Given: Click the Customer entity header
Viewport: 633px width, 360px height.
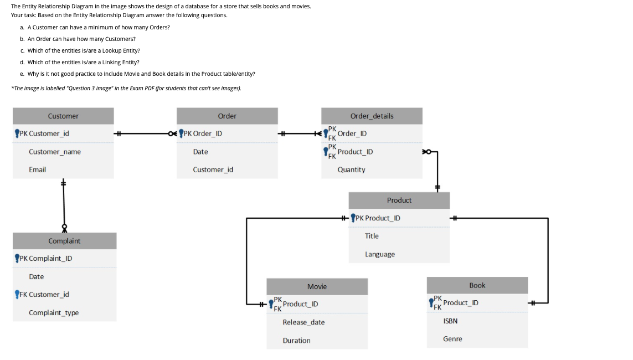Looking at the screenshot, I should [x=63, y=116].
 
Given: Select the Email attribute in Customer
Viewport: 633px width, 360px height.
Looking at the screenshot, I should [x=38, y=169].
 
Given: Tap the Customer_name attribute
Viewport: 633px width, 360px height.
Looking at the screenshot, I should [x=55, y=152].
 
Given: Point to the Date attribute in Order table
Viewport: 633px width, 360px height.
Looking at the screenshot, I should [x=200, y=152].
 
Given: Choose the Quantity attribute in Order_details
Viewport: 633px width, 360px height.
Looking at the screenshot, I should [x=351, y=169].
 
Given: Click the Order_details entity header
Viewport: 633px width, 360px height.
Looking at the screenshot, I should [x=372, y=116].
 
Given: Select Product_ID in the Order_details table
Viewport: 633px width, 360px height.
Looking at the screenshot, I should [x=355, y=152].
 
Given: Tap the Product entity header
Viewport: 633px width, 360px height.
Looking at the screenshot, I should [x=399, y=200].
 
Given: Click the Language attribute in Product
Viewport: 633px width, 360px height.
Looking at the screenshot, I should [x=380, y=254].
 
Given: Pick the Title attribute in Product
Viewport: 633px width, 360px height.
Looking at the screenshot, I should [x=372, y=236].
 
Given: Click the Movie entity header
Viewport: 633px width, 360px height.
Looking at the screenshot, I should [x=317, y=286].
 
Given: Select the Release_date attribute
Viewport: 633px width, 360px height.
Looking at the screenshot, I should [x=303, y=322].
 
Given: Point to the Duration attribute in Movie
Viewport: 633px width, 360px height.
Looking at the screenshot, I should [x=296, y=341].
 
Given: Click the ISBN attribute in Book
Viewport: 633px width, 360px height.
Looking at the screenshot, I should [x=450, y=321].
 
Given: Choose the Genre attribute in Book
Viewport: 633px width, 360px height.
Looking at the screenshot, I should [x=452, y=339].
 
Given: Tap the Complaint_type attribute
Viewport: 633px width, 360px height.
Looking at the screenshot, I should [x=54, y=313].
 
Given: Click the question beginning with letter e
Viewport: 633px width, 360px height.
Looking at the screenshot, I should [x=141, y=74].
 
